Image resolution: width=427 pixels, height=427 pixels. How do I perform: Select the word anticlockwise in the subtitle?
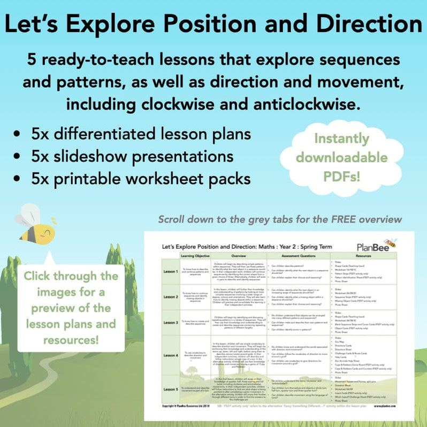point(299,103)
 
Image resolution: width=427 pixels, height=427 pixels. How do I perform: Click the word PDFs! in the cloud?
point(349,176)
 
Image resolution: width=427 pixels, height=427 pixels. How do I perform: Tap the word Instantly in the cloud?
point(349,139)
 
